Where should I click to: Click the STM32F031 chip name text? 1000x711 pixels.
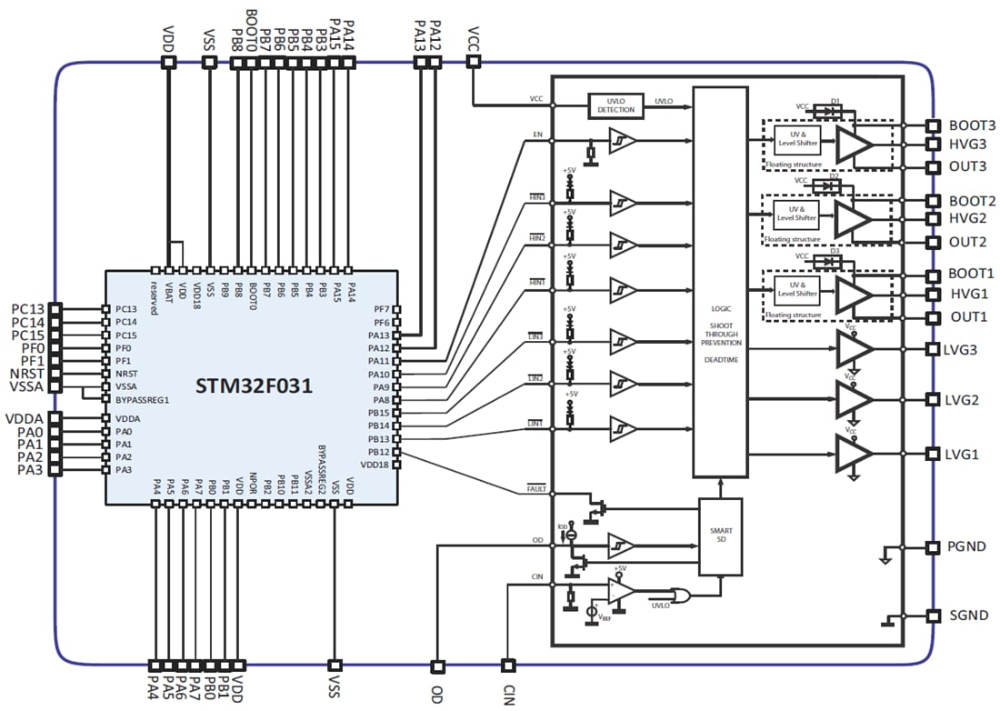(255, 386)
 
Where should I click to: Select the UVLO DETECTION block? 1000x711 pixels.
(615, 105)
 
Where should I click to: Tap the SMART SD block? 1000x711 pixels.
(722, 536)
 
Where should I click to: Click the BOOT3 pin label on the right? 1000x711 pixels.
(972, 126)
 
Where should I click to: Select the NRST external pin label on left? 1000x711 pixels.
(24, 374)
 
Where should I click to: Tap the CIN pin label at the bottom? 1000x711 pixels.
(509, 692)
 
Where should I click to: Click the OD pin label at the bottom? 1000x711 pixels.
(437, 692)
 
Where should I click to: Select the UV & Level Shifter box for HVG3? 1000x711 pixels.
(797, 139)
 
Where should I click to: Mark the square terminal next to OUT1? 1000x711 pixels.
(932, 318)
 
